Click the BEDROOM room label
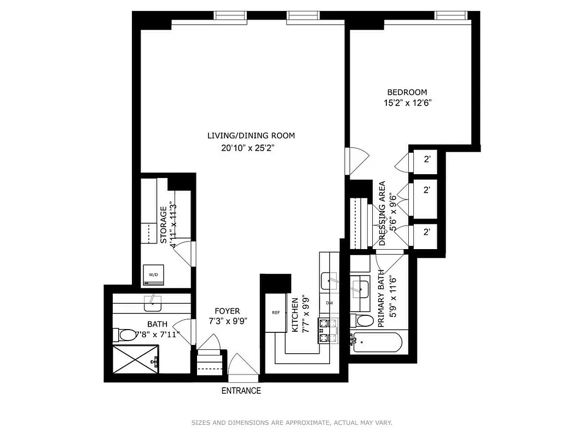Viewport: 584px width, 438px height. click(x=407, y=93)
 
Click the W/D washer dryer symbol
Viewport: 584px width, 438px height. click(x=153, y=275)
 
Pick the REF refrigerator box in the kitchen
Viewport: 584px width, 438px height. click(x=276, y=313)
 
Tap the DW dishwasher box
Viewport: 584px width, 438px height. click(x=329, y=303)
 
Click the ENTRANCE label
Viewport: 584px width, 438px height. click(x=241, y=391)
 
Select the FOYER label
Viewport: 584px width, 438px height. click(x=227, y=311)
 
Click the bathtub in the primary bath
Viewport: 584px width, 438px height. click(x=378, y=343)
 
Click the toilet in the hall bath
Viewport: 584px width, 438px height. click(x=124, y=334)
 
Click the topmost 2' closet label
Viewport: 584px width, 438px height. click(x=427, y=159)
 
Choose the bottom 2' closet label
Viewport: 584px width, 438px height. click(x=427, y=232)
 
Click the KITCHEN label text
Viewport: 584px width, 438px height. click(x=295, y=315)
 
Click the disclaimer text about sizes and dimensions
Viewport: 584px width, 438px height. click(x=292, y=423)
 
